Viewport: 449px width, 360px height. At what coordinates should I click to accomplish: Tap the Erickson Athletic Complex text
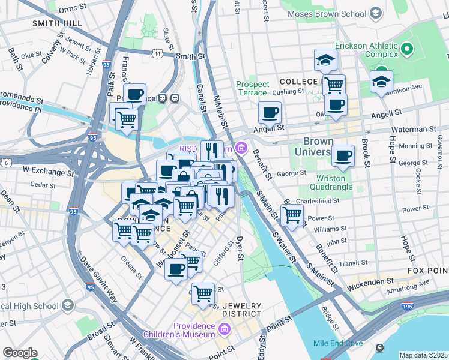(x=366, y=51)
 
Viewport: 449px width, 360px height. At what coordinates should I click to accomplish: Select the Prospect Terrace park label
(x=252, y=88)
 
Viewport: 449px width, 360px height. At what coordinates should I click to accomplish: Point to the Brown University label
(x=314, y=147)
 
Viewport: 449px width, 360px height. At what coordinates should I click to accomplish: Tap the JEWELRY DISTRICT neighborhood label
(x=242, y=310)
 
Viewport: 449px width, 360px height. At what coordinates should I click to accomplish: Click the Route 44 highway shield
(x=157, y=54)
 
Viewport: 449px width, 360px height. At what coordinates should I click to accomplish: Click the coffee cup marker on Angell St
(x=270, y=112)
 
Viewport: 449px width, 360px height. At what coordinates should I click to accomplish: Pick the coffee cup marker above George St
(x=343, y=156)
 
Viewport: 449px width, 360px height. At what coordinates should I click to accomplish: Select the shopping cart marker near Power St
(x=292, y=214)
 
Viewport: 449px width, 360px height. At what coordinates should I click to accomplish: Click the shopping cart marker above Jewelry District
(x=203, y=293)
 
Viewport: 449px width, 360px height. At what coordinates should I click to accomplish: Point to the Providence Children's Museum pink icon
(x=224, y=329)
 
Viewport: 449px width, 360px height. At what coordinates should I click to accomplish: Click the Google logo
(x=20, y=353)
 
